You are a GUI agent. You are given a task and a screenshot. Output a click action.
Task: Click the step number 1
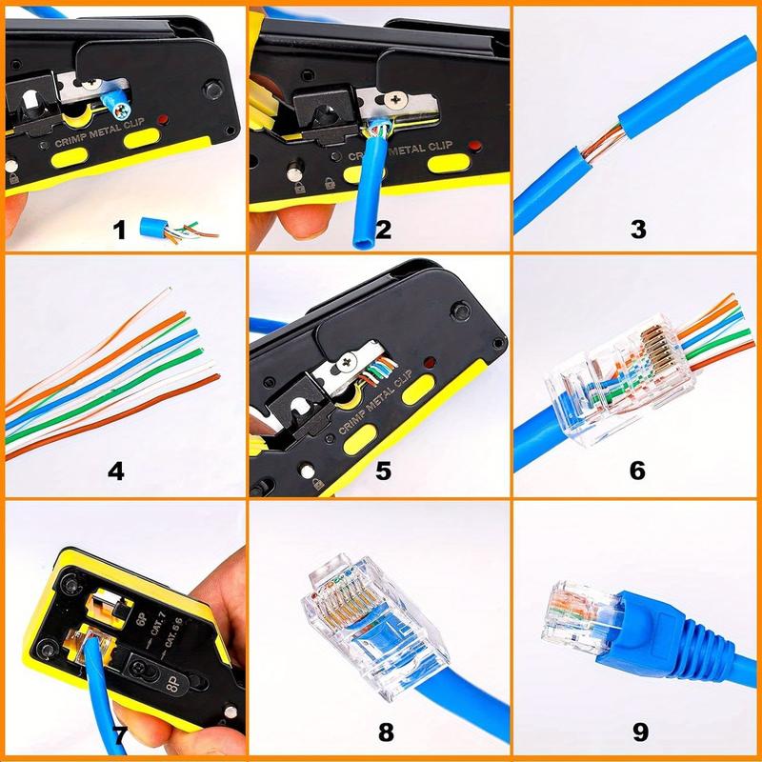(x=119, y=229)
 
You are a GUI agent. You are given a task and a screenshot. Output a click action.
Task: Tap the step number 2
(x=384, y=230)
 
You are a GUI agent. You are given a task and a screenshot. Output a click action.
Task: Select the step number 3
(x=638, y=229)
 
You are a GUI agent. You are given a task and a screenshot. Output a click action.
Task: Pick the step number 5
(x=384, y=470)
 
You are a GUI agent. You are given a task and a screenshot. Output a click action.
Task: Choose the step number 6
(x=638, y=470)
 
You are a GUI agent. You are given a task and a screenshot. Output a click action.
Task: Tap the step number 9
(x=640, y=732)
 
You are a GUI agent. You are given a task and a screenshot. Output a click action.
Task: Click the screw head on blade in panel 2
(x=398, y=97)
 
